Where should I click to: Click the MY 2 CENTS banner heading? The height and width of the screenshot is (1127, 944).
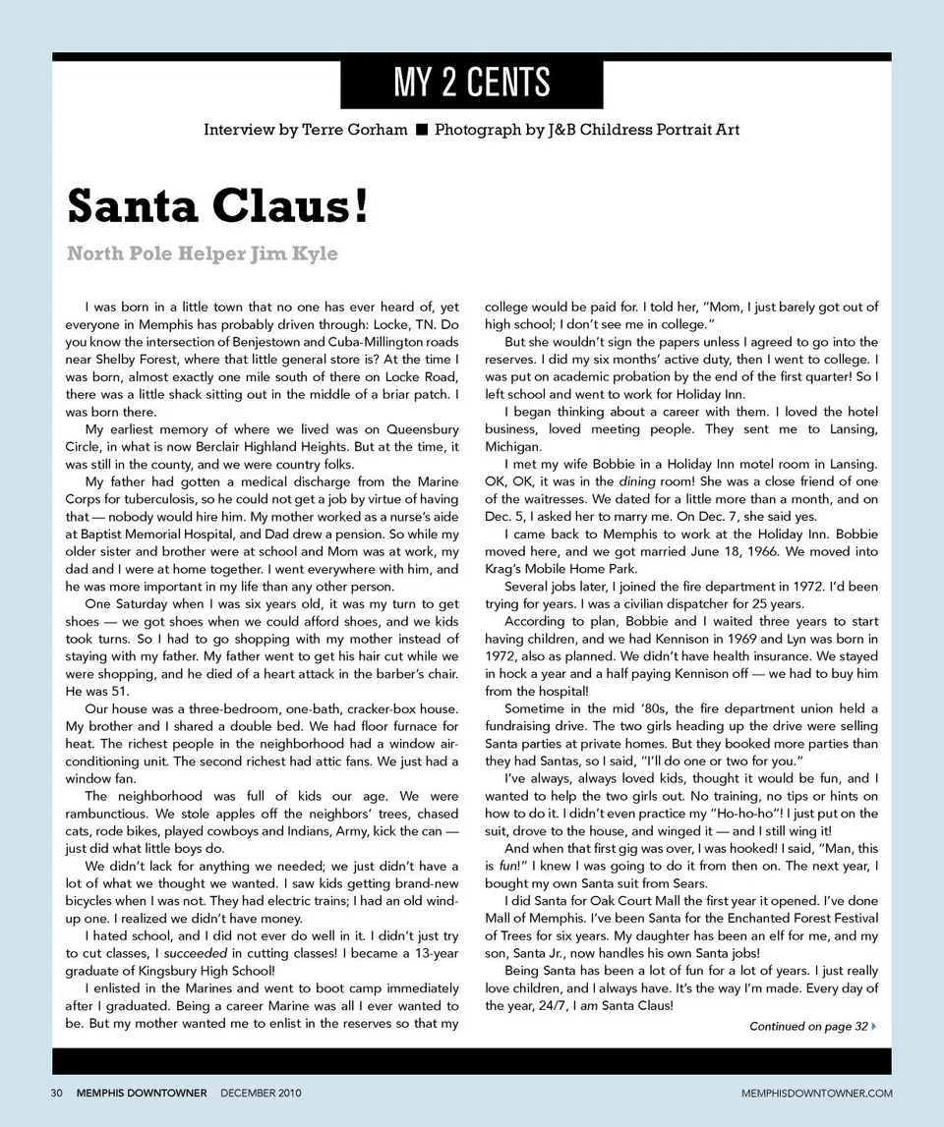pyautogui.click(x=471, y=83)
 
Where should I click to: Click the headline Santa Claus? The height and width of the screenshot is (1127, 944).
pyautogui.click(x=217, y=205)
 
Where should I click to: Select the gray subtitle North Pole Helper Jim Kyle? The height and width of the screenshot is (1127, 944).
pyautogui.click(x=202, y=254)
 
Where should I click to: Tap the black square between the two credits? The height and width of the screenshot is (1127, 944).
pyautogui.click(x=421, y=130)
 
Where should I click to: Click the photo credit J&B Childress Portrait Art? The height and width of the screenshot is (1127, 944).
pyautogui.click(x=643, y=130)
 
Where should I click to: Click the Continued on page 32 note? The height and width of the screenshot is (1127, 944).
pyautogui.click(x=807, y=1027)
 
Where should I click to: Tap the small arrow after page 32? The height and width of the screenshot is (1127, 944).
pyautogui.click(x=874, y=1027)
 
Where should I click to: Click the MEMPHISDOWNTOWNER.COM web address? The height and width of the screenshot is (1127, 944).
pyautogui.click(x=816, y=1093)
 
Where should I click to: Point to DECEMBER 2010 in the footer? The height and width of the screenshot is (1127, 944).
pyautogui.click(x=261, y=1093)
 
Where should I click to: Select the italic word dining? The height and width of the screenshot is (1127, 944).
pyautogui.click(x=638, y=481)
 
